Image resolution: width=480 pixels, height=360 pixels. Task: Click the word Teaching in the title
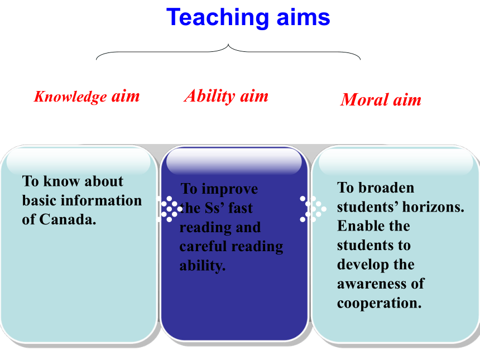(218, 18)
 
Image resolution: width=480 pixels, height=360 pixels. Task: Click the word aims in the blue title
(304, 17)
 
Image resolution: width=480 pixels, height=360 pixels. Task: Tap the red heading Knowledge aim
(87, 97)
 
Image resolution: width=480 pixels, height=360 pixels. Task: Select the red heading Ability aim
(226, 96)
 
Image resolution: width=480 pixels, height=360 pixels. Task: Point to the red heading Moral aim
(381, 100)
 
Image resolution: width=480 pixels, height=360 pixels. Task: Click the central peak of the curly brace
(228, 45)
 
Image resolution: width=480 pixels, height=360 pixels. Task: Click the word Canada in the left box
(68, 219)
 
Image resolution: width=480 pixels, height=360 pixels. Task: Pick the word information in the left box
(102, 200)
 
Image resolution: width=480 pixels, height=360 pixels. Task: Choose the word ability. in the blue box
(203, 266)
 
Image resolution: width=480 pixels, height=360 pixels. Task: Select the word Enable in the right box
(358, 226)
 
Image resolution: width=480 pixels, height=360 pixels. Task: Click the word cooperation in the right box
(380, 304)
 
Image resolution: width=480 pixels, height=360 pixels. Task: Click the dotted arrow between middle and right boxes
(313, 209)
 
